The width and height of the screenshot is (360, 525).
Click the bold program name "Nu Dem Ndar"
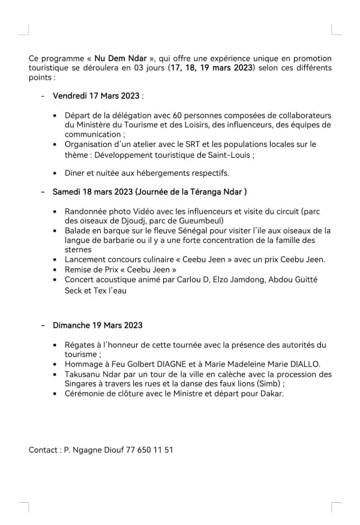point(122,58)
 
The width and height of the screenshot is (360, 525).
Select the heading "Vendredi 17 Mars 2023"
point(96,95)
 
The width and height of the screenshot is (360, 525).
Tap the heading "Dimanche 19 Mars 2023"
point(98,325)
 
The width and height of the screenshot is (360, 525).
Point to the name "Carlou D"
point(189,280)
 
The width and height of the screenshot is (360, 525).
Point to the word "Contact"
point(43,449)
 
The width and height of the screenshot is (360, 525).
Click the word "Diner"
point(75,173)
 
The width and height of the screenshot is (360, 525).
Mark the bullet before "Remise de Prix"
point(56,270)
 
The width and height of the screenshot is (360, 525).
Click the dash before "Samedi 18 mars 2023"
point(43,191)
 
